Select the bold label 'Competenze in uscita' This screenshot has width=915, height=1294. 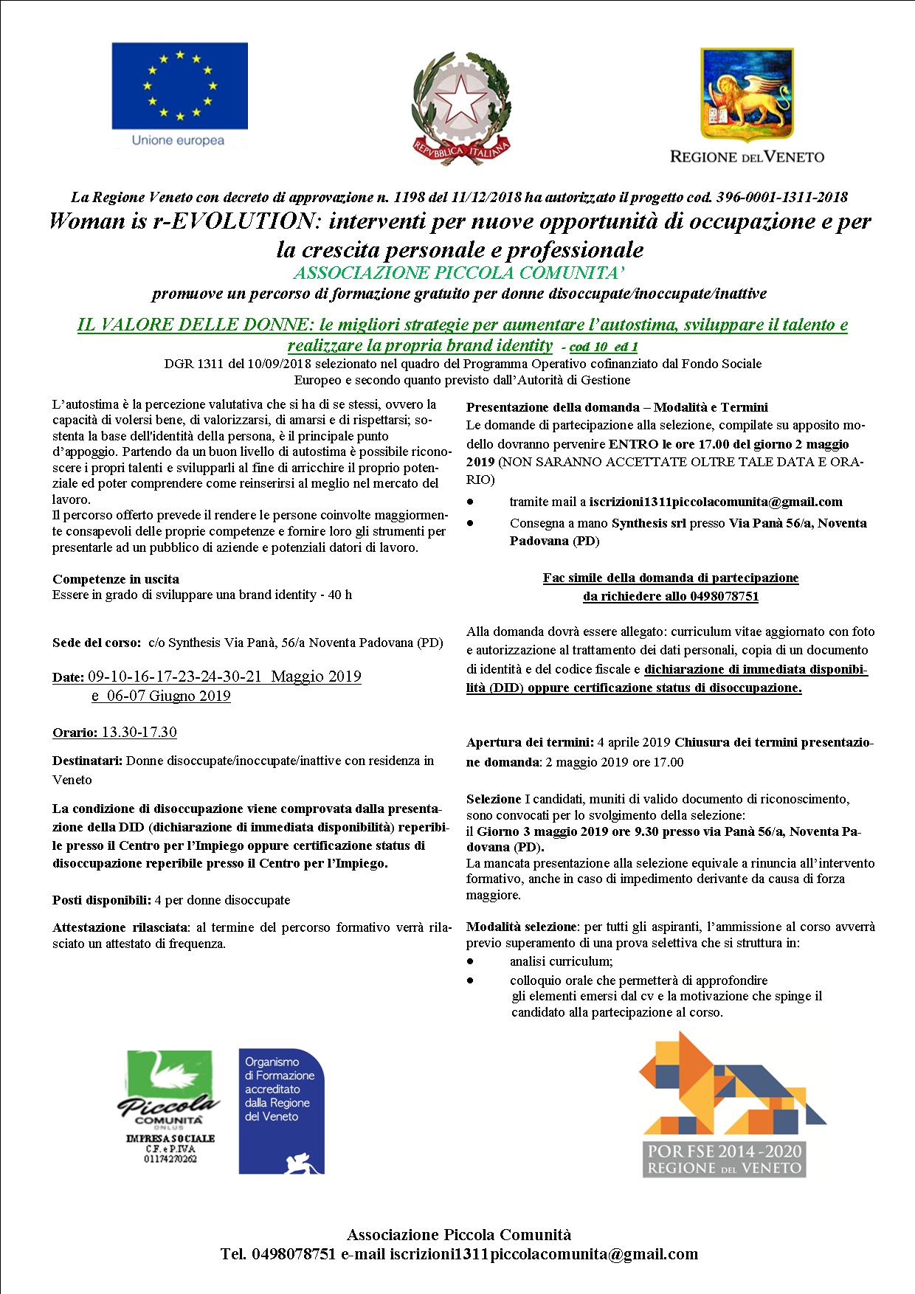click(x=116, y=579)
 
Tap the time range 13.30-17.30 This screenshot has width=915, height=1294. click(x=139, y=733)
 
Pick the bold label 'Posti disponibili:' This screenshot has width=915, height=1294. click(x=102, y=900)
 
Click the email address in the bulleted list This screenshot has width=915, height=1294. click(x=715, y=502)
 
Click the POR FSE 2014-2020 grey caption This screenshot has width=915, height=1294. click(x=723, y=1160)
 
